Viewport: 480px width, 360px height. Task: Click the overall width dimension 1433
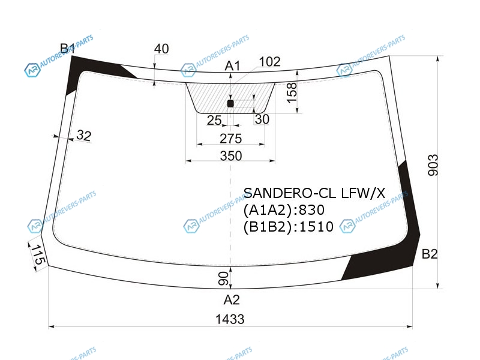230,319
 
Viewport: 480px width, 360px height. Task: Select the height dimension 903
433,166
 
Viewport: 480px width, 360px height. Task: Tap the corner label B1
67,49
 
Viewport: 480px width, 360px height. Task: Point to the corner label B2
430,254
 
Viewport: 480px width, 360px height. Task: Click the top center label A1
232,65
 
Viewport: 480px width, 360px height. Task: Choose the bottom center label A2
232,299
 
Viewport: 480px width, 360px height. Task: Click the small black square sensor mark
230,103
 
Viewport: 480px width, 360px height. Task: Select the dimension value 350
231,156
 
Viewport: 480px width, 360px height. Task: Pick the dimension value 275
231,139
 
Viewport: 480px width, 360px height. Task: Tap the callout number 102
269,62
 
